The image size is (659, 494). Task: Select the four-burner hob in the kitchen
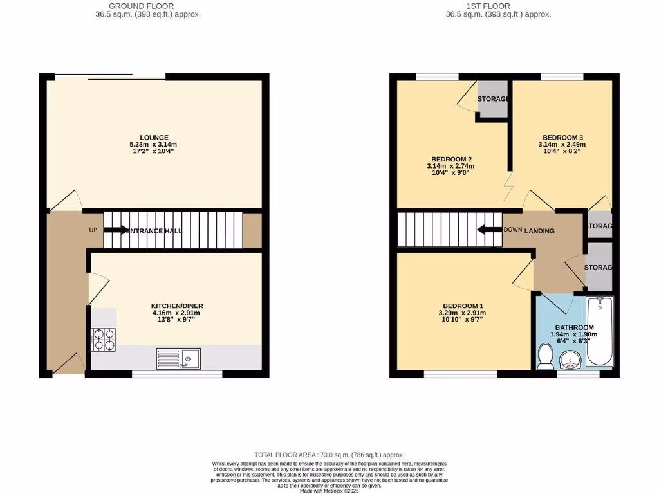(x=104, y=340)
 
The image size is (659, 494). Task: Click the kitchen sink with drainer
(x=180, y=358)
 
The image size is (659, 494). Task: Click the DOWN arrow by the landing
(x=488, y=230)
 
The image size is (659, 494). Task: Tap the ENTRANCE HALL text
(x=154, y=230)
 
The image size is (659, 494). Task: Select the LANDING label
(x=539, y=231)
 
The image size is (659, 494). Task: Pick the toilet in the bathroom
(x=545, y=356)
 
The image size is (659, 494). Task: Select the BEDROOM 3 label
(x=562, y=137)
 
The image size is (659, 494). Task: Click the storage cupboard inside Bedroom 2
(x=493, y=100)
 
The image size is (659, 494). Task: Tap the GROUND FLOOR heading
(x=145, y=6)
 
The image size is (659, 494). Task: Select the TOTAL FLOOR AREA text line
(x=329, y=455)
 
